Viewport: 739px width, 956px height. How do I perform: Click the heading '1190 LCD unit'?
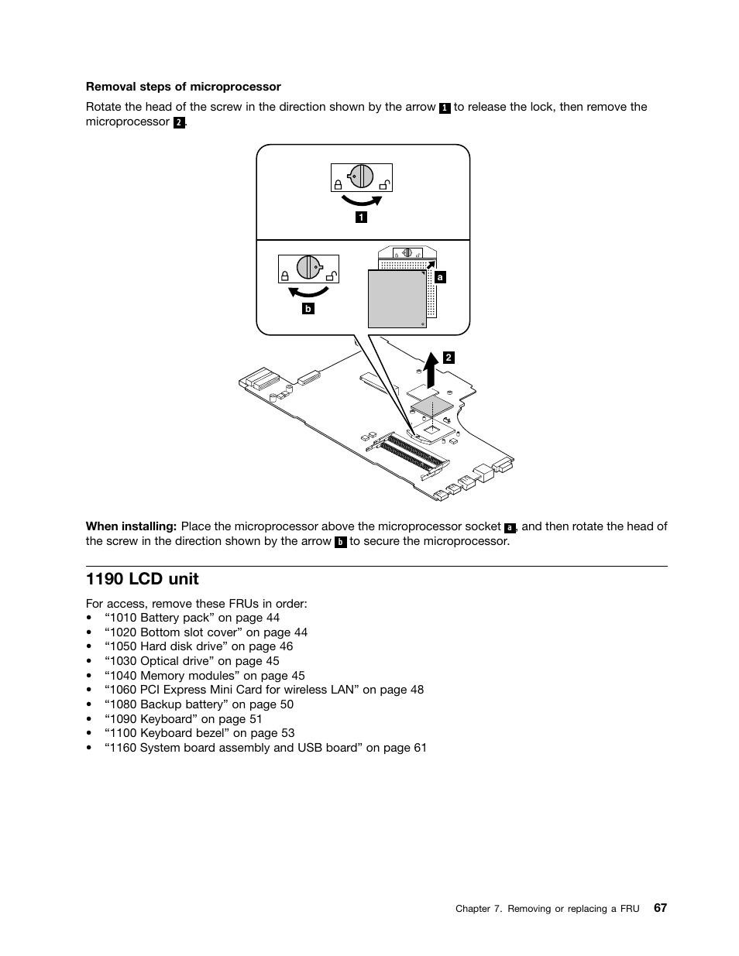pyautogui.click(x=142, y=579)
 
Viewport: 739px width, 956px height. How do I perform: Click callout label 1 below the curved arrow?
pyautogui.click(x=361, y=218)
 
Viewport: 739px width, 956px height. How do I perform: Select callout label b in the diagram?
pyautogui.click(x=308, y=308)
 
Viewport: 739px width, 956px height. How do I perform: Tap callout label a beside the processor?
pyautogui.click(x=441, y=276)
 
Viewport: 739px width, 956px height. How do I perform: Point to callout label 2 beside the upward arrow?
pyautogui.click(x=449, y=358)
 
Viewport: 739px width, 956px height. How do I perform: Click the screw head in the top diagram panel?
pyautogui.click(x=361, y=176)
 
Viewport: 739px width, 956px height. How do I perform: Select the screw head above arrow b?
pyautogui.click(x=308, y=266)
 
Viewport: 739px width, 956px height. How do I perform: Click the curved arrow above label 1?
pyautogui.click(x=361, y=201)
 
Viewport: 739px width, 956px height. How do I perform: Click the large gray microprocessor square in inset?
pyautogui.click(x=397, y=300)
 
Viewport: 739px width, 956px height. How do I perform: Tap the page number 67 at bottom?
pyautogui.click(x=659, y=907)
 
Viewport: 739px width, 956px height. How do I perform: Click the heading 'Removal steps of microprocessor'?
pyautogui.click(x=183, y=87)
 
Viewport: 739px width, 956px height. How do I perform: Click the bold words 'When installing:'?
pyautogui.click(x=131, y=526)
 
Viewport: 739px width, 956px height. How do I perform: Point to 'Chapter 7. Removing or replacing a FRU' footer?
pyautogui.click(x=547, y=909)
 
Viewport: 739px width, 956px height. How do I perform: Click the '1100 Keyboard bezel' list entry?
pyautogui.click(x=200, y=733)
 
